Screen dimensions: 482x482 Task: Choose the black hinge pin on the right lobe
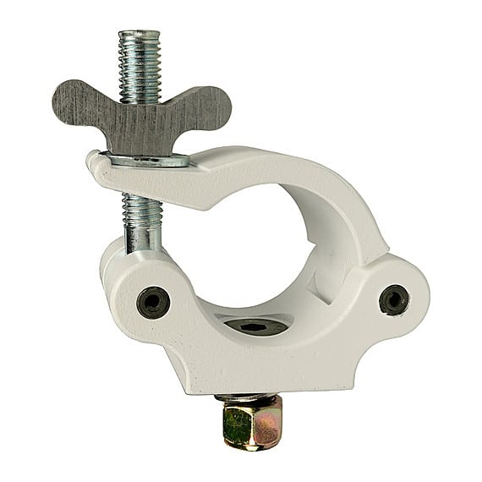coord(393,299)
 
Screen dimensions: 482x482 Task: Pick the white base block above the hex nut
coord(254,364)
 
